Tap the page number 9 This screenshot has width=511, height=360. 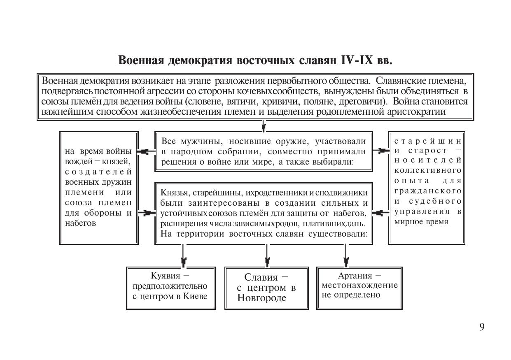click(x=482, y=327)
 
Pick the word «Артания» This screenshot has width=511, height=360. click(x=355, y=276)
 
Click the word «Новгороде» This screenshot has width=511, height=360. click(x=261, y=298)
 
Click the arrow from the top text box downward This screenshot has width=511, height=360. click(x=264, y=125)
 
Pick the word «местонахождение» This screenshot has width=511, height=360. click(x=359, y=285)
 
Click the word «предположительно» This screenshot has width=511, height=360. click(x=170, y=286)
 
